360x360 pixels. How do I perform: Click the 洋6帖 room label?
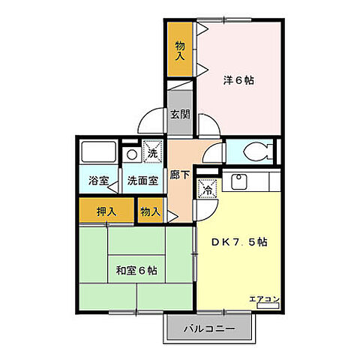tap(238, 80)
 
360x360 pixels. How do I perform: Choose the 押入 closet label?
tap(106, 211)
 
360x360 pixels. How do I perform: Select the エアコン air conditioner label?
tap(264, 299)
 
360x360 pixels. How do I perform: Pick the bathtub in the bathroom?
tap(97, 154)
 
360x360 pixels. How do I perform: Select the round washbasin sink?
tap(132, 155)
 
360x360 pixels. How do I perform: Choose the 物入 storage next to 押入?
tap(150, 211)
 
